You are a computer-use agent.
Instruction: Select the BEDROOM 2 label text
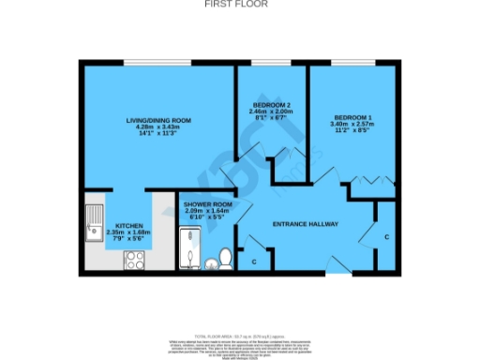pos(272,104)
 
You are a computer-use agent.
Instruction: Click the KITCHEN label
pos(127,226)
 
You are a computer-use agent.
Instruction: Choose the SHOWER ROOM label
pos(207,203)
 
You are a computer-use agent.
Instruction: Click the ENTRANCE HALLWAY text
pos(305,225)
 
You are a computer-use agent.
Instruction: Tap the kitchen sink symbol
pos(94,223)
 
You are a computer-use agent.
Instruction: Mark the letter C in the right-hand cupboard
pos(386,237)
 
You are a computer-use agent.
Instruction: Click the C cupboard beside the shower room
pos(254,262)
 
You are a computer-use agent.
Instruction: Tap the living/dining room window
pos(158,62)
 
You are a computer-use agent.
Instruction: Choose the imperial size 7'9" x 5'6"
pos(127,240)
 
